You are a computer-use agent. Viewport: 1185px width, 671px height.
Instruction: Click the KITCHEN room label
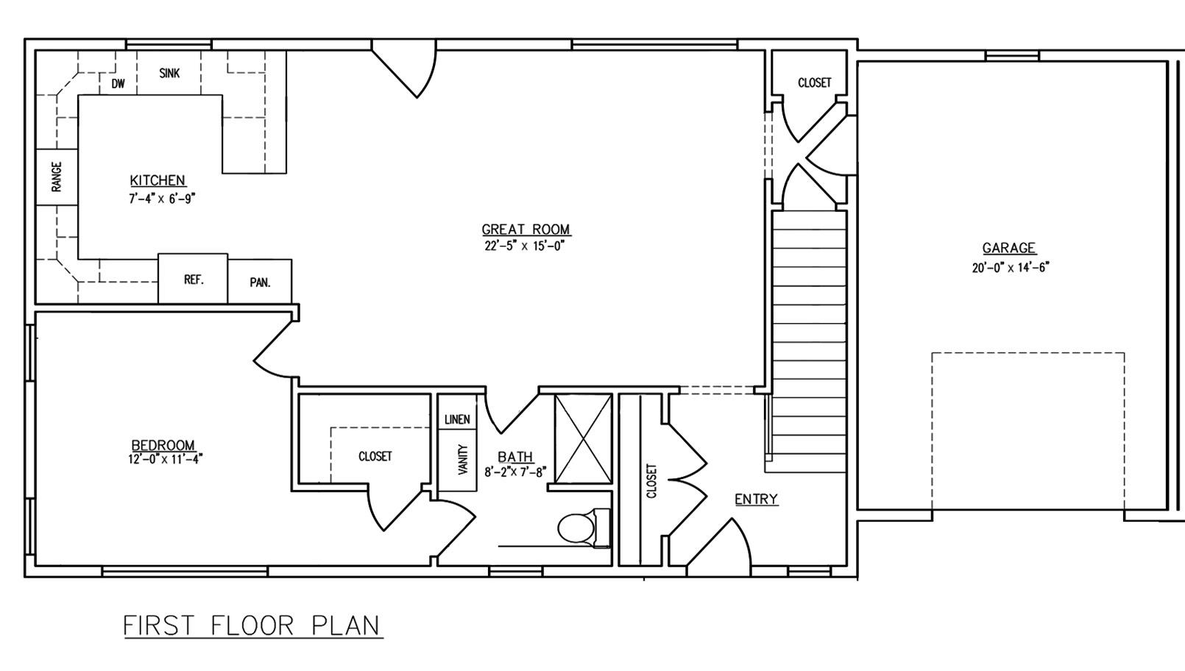pos(158,180)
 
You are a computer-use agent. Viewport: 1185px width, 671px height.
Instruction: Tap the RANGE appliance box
pos(57,177)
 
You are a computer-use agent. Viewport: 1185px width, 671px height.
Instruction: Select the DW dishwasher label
pos(118,84)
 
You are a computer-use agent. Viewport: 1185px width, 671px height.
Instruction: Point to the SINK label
pos(169,73)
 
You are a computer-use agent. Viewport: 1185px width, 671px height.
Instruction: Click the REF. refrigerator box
pos(193,279)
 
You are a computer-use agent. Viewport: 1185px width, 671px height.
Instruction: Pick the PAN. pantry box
pos(260,282)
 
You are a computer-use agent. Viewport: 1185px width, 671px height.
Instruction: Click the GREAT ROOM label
pos(526,230)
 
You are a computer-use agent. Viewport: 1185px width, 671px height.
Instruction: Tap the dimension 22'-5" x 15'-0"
pos(526,246)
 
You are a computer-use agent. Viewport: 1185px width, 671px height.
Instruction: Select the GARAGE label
pos(1008,248)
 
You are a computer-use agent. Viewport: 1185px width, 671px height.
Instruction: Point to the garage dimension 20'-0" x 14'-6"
pos(1010,268)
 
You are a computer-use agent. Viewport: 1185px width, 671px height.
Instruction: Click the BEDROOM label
pos(163,445)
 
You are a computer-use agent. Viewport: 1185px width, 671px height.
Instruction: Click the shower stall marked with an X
pos(583,439)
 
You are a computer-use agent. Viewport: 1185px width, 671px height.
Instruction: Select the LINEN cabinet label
pos(457,419)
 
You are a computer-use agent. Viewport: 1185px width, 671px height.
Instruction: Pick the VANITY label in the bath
pos(462,459)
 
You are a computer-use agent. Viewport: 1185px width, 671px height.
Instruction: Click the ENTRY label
pos(756,500)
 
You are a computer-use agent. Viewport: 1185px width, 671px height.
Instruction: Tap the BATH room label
pos(515,457)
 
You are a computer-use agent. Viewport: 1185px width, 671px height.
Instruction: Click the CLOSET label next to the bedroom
pos(375,456)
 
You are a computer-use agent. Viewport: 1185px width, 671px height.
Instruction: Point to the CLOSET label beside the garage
pos(814,82)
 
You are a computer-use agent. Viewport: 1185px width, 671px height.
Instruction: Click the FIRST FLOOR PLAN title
pos(252,625)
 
